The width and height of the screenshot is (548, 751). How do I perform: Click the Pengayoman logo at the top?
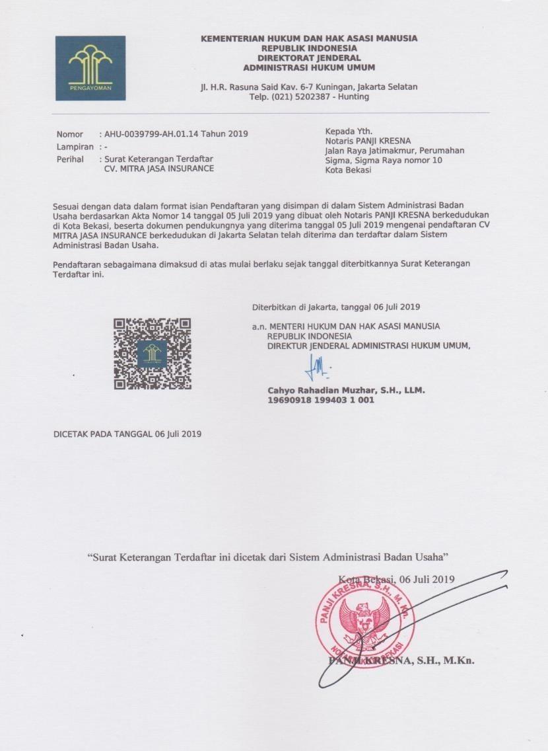click(x=90, y=67)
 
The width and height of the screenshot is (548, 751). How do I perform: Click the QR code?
click(x=153, y=354)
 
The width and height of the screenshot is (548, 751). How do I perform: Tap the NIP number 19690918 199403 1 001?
click(x=320, y=400)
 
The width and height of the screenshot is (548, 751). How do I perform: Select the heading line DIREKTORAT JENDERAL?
click(x=308, y=58)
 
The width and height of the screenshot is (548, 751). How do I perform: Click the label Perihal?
click(x=70, y=159)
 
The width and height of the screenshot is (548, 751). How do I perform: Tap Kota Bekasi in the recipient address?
click(x=348, y=170)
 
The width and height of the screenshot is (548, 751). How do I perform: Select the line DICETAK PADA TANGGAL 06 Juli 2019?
click(x=127, y=434)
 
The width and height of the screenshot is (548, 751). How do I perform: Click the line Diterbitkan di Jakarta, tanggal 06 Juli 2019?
click(x=336, y=307)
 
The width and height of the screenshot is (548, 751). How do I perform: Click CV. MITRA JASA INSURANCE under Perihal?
click(x=159, y=169)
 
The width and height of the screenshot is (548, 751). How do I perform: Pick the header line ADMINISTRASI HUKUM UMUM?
click(x=308, y=67)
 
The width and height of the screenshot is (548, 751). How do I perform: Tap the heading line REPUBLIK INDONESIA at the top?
click(x=308, y=48)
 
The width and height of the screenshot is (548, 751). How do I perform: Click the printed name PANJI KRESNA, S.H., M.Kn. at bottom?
click(x=401, y=660)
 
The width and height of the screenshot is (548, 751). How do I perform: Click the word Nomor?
click(x=69, y=134)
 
